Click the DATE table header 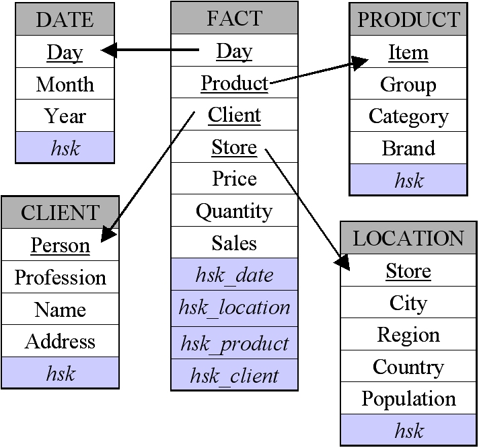point(65,20)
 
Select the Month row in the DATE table point(65,84)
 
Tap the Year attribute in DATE point(65,116)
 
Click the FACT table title point(234,18)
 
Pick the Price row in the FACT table point(234,178)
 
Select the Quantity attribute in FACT point(234,211)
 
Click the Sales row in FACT point(234,243)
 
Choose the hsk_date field point(234,274)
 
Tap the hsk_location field point(234,307)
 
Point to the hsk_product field point(234,344)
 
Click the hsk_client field point(234,375)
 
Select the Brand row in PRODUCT point(408,148)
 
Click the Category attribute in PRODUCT point(408,116)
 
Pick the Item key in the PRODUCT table point(408,52)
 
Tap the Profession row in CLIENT point(60,277)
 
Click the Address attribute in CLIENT point(60,341)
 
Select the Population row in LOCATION point(408,398)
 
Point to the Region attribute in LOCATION point(408,334)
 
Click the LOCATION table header point(408,238)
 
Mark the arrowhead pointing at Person point(108,235)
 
